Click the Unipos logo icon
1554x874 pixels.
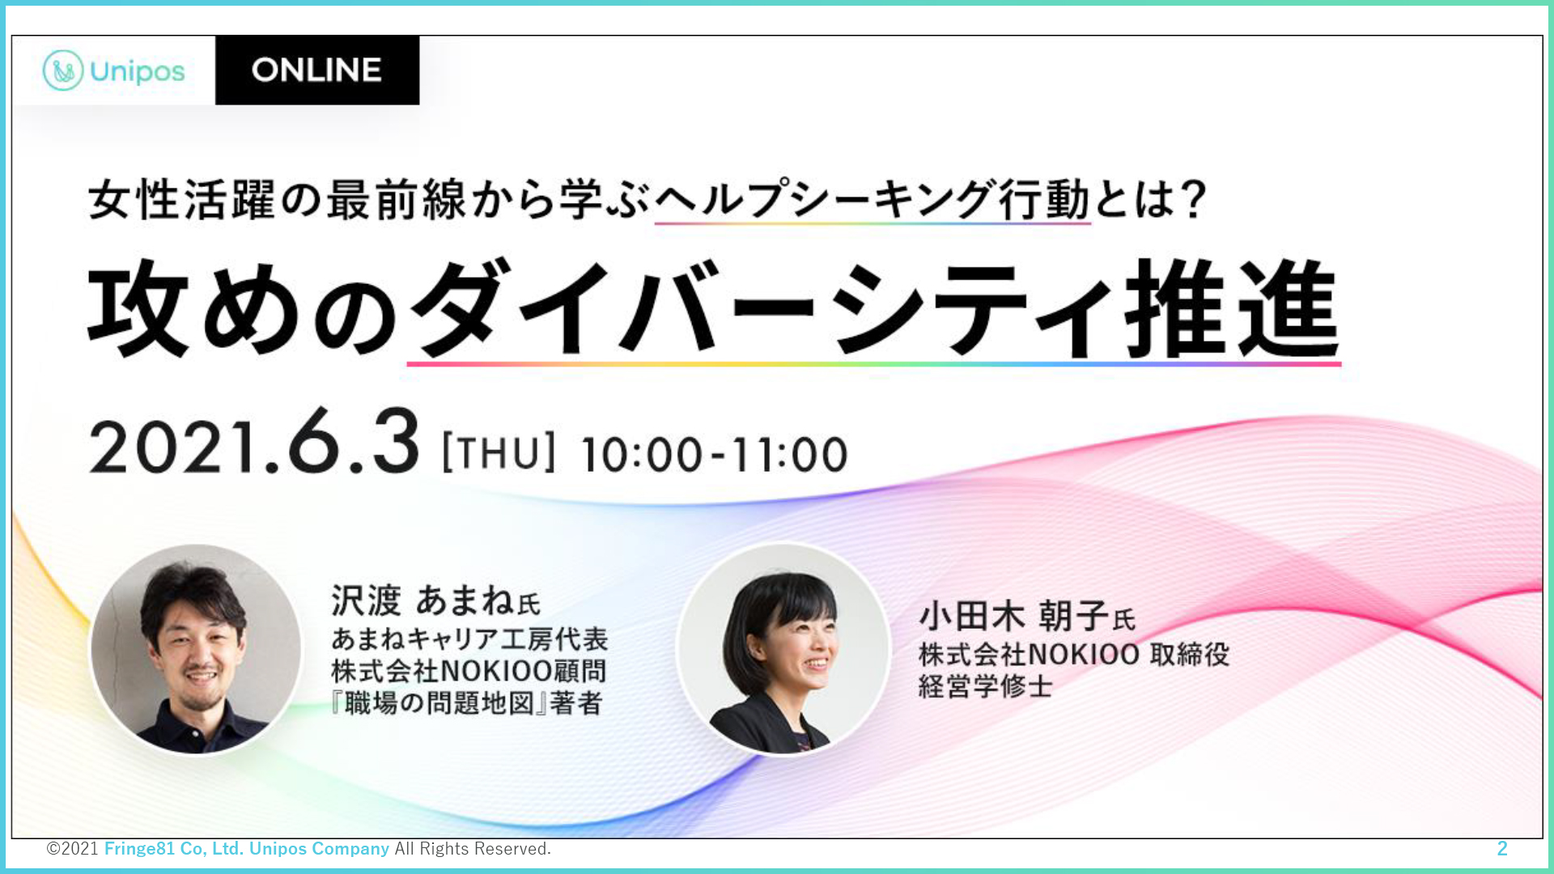click(63, 70)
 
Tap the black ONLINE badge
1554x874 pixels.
click(317, 70)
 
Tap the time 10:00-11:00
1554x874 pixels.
click(714, 454)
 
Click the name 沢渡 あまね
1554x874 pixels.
click(422, 600)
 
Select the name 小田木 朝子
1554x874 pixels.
click(1013, 617)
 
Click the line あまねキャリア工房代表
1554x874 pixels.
click(469, 639)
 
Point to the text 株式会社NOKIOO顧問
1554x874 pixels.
click(469, 671)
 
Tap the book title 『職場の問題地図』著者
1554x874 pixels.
click(467, 703)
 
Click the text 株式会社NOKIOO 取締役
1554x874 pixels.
click(1074, 654)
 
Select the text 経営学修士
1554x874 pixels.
click(986, 686)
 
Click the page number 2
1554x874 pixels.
click(1502, 848)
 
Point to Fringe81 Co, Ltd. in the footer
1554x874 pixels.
click(174, 848)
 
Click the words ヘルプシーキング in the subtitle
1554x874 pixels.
click(825, 200)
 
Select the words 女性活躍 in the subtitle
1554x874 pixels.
click(182, 200)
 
